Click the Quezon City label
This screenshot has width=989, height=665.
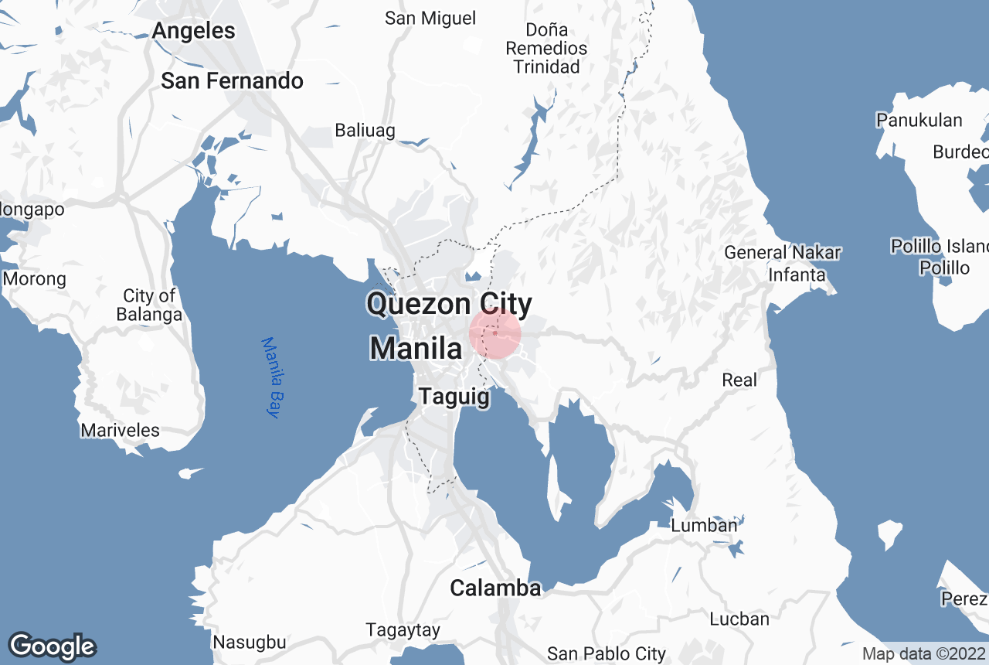point(450,304)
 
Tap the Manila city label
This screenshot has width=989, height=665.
point(416,348)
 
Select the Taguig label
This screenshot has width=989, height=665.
point(454,397)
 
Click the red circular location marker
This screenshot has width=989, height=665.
point(495,333)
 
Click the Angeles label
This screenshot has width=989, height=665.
point(193,31)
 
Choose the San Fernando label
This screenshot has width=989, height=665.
point(232,81)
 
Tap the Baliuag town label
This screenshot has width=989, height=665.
point(365,130)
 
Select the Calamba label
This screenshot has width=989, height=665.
point(495,588)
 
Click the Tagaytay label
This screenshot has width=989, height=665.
point(403,630)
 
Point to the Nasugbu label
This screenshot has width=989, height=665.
point(250,642)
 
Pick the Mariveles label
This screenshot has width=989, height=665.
point(121,431)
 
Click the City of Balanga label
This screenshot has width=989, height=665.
point(149,305)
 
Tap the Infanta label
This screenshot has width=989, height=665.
point(797,275)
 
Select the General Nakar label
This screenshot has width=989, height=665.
point(782,252)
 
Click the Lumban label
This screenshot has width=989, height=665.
point(704,526)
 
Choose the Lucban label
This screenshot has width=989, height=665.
point(739,619)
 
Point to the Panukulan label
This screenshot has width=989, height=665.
point(919,120)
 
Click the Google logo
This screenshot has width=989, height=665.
point(51,646)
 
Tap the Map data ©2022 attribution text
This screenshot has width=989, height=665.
point(923,653)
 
